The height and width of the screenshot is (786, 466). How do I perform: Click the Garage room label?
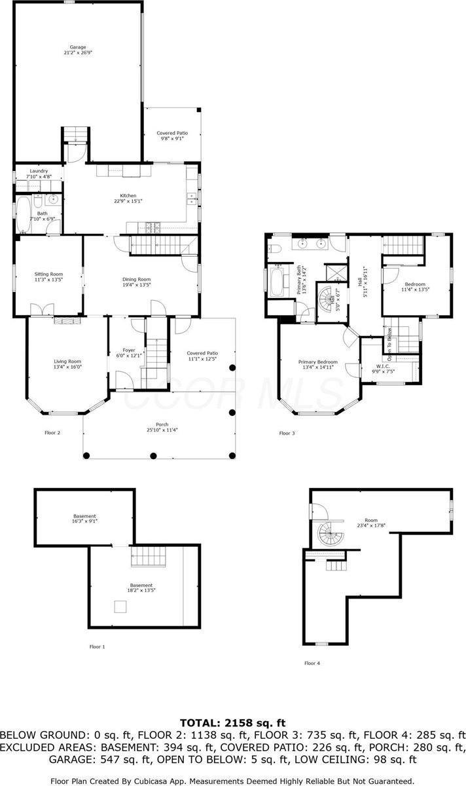pos(78,47)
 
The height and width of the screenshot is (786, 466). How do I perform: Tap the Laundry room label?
pos(39,171)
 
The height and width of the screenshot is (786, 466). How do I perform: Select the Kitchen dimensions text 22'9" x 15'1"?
pos(128,201)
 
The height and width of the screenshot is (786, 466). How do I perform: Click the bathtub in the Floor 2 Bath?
pos(23,214)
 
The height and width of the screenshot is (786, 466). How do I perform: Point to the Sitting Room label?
pos(48,274)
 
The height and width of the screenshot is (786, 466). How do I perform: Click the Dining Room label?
pos(136,279)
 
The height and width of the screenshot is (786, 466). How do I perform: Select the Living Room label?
pos(67,361)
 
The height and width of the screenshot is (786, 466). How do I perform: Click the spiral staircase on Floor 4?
pos(330,534)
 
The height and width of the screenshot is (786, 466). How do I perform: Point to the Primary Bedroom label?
pos(318,362)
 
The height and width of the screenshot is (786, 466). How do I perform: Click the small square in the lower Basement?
pos(120,607)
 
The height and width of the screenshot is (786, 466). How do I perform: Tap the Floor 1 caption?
pos(97,646)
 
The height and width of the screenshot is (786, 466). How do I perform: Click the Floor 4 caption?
pos(312,663)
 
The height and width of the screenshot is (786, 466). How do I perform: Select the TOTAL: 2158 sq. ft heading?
pos(232,723)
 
